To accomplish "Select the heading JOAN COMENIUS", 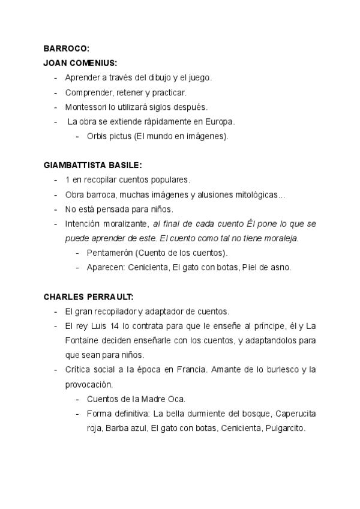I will tap(80, 63).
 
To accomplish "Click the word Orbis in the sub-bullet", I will tap(97, 137).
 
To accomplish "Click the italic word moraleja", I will tap(281, 238).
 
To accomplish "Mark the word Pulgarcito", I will tap(284, 429).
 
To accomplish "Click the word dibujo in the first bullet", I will tap(150, 78).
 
